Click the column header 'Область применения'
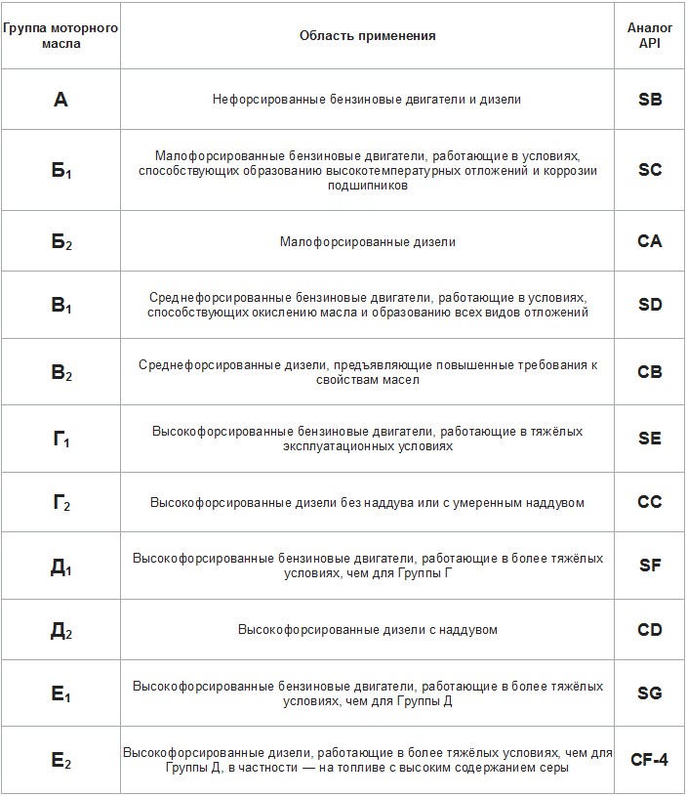tap(368, 35)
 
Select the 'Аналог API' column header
tap(649, 35)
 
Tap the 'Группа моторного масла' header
tap(61, 35)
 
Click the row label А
tap(61, 100)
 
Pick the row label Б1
tap(61, 170)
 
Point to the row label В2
tap(61, 372)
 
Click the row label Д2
tap(61, 630)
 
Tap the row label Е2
tap(61, 760)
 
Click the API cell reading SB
tap(649, 100)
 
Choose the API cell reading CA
tap(649, 241)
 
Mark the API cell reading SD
tap(649, 305)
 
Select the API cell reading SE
tap(649, 439)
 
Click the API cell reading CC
tap(649, 502)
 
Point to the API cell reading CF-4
tap(649, 760)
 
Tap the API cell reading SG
tap(649, 693)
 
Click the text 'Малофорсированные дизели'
tap(368, 241)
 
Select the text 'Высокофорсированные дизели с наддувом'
tap(368, 630)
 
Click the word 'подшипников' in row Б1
tap(368, 186)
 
